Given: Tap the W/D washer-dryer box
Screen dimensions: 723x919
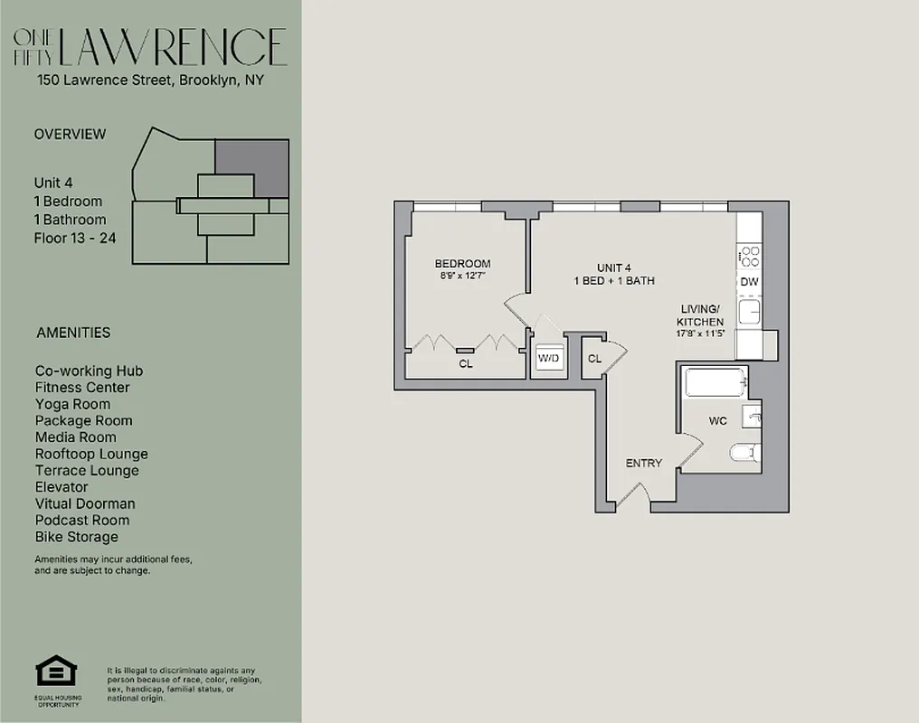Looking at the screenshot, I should point(548,359).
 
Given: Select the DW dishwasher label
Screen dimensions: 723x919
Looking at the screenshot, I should point(749,282).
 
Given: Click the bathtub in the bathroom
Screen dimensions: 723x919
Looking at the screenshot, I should point(715,382).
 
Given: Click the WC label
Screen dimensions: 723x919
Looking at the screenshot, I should point(717,421).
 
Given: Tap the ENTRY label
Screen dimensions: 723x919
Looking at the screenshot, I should point(644,463).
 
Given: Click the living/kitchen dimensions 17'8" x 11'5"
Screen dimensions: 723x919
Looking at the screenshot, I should point(701,333).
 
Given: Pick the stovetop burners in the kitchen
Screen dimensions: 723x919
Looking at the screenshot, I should point(749,257).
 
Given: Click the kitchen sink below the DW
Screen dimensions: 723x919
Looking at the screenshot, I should point(749,313).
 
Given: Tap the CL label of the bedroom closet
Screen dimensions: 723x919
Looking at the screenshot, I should point(466,364).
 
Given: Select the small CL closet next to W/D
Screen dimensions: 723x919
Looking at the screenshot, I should point(594,359).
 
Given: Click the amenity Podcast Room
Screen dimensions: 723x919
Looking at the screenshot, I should point(82,521).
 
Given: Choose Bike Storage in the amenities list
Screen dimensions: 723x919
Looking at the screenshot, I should point(77,537).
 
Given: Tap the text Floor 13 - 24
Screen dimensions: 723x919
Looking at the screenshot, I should point(75,239).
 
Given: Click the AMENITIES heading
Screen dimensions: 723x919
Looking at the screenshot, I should point(73,333).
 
